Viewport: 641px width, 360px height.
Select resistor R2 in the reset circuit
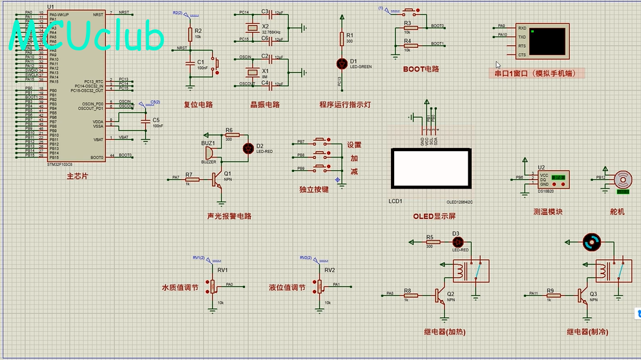[190, 34]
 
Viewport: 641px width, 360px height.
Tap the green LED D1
[342, 63]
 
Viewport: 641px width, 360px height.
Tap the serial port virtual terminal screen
[547, 39]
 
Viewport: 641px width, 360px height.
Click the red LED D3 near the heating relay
[459, 242]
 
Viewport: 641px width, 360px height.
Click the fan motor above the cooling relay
[591, 242]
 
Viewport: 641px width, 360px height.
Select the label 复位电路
[198, 104]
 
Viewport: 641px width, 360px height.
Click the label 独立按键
[314, 189]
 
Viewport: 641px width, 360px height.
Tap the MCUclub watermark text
[87, 37]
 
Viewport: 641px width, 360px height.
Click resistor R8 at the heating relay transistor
[408, 295]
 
